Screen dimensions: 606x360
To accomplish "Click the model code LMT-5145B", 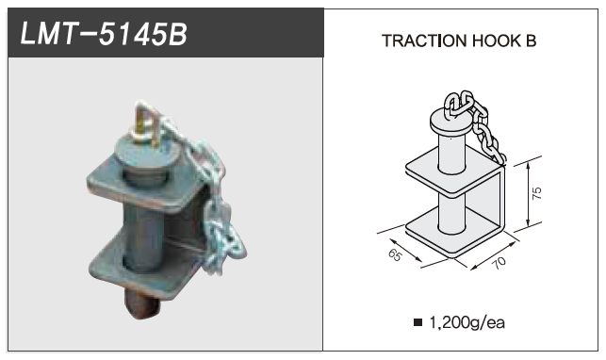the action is tap(104, 34).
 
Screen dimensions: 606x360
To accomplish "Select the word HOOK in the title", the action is tap(497, 41).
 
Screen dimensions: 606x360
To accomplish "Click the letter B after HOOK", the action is tap(531, 41).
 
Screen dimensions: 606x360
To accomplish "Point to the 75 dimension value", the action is tap(537, 193).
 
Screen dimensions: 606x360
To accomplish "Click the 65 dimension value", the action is tap(395, 255).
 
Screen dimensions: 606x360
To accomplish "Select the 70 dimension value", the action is tap(499, 263).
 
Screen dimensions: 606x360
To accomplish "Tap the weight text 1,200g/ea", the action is tap(467, 322).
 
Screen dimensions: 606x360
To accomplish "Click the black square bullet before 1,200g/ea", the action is tap(418, 322).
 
